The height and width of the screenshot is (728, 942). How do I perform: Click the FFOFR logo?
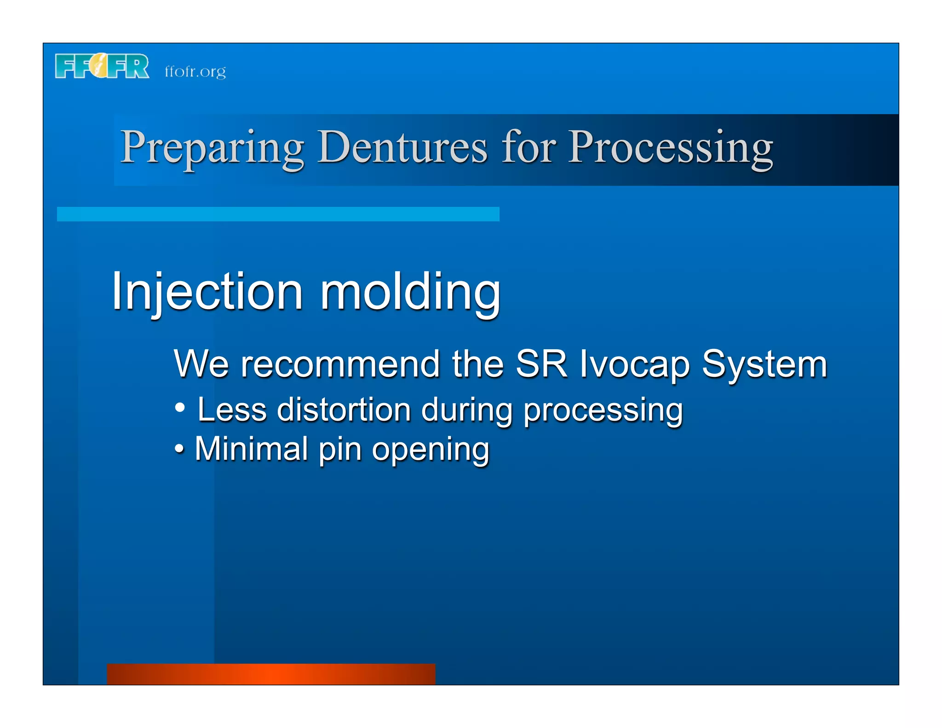(x=102, y=67)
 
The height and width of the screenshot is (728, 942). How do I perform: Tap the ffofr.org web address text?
(x=195, y=72)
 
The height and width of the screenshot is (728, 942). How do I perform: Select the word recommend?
(x=340, y=364)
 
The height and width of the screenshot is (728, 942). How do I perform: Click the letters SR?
(x=541, y=364)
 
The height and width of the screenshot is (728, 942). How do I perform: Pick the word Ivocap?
(x=634, y=364)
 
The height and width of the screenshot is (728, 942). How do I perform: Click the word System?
(x=764, y=364)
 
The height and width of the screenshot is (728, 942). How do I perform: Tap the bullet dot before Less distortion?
(x=180, y=407)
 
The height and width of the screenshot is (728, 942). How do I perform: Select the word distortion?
(x=344, y=410)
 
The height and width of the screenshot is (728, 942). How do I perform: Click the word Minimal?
(x=251, y=449)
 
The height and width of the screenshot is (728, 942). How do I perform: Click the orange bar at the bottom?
(x=271, y=674)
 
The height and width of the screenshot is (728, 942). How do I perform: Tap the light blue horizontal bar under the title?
(x=278, y=214)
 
